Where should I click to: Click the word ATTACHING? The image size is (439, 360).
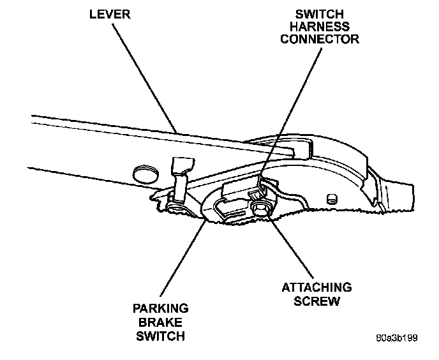coord(316,288)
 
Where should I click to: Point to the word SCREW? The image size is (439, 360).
coord(316,300)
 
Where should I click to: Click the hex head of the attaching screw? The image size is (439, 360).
coord(260,208)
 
